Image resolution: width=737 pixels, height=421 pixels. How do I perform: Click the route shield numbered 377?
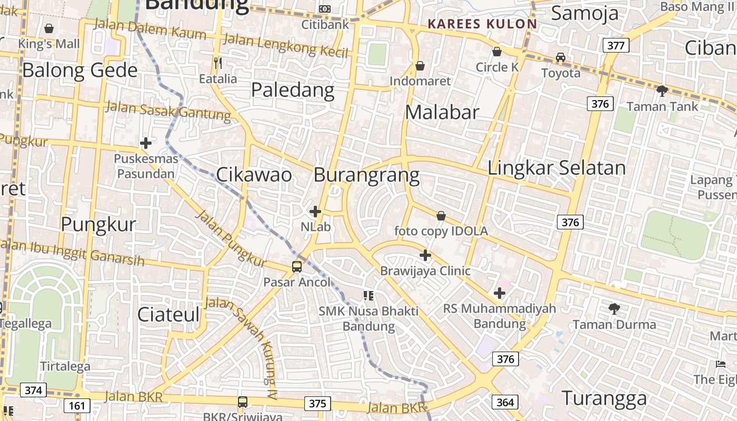(615, 45)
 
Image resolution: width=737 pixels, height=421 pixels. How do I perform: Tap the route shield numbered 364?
(505, 403)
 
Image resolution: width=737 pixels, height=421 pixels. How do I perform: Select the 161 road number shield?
(77, 406)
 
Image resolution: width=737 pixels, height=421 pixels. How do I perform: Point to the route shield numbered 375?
(317, 404)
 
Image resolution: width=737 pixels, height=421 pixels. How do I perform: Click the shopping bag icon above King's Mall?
(49, 28)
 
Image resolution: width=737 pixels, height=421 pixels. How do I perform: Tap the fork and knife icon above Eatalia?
(218, 63)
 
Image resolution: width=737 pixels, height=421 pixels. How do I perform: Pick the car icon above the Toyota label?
(561, 57)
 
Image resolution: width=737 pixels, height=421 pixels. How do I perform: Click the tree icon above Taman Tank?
(662, 91)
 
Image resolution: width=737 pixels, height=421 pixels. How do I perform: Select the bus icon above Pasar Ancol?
(297, 267)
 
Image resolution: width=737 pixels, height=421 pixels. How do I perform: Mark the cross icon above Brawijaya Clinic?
(425, 256)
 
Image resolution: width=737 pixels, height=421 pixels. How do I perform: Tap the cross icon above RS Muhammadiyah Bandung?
(500, 293)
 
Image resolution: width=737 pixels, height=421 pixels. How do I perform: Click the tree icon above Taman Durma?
(614, 309)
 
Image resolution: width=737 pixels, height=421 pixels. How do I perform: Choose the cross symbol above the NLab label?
(315, 212)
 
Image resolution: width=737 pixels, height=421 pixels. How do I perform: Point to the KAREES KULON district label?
(482, 24)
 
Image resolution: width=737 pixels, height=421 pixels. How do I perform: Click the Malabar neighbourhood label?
(442, 112)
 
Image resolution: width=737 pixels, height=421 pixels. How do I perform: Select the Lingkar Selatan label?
(556, 168)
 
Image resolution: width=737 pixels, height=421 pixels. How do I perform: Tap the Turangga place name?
(604, 398)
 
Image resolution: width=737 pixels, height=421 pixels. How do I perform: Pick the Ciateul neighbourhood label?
(168, 314)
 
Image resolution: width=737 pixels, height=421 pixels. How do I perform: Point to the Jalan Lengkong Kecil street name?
(286, 45)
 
